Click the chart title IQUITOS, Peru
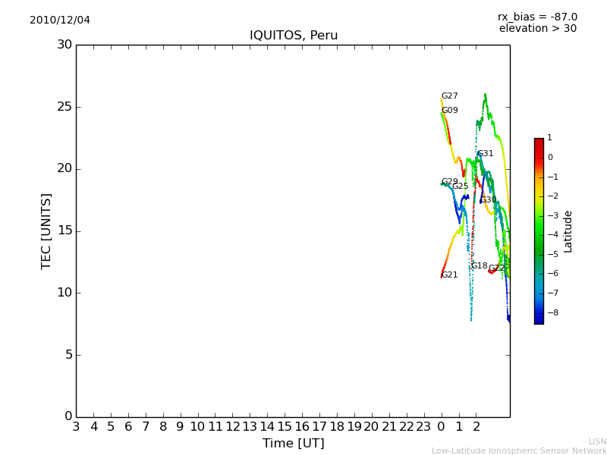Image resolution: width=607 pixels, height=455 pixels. pos(294,36)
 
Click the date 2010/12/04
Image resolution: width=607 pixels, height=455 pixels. pos(60,20)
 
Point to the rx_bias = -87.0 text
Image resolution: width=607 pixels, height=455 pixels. pos(537,17)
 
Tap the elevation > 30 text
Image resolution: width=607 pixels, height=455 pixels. pos(537,29)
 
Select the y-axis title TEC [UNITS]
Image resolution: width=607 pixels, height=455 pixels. pos(46,231)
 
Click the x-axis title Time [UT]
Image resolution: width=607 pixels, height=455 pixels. pos(293,444)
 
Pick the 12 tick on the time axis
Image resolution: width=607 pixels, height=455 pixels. pos(232,427)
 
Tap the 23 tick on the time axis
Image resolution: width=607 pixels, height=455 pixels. pos(423,427)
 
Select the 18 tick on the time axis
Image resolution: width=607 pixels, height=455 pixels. pos(336,427)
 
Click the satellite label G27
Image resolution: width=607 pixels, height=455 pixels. pos(450,96)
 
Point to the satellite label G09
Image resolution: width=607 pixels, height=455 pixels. pos(450,111)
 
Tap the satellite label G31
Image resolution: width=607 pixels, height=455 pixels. pos(485,154)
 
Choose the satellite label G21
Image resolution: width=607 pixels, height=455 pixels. pos(450,275)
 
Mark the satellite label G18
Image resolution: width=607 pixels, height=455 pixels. pos(480,266)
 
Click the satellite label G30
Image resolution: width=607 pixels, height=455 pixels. pos(488,200)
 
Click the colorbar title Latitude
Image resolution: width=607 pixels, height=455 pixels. pos(568,231)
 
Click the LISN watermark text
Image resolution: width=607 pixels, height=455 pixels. pos(597,441)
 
